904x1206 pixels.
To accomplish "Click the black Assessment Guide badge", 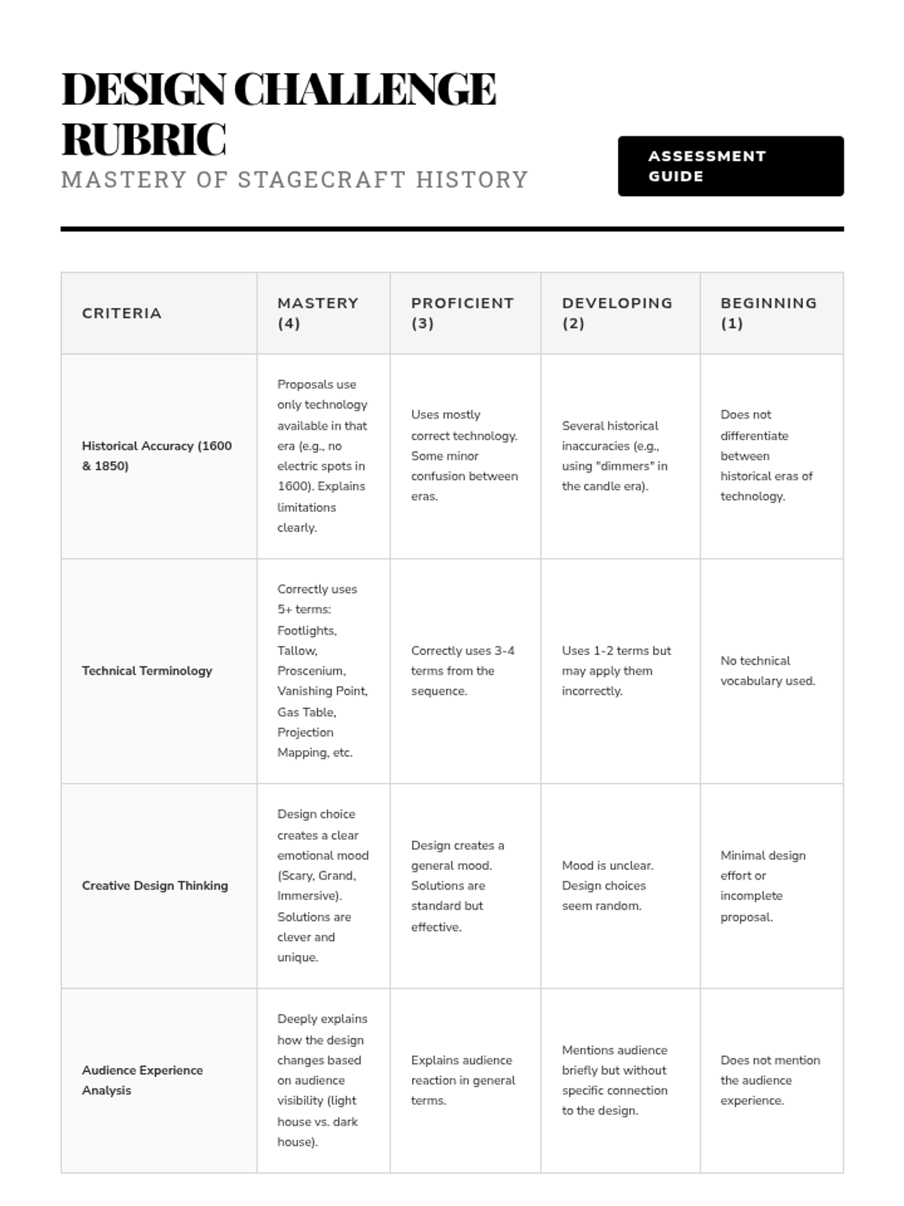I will pyautogui.click(x=730, y=166).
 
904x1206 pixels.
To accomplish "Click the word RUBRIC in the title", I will pyautogui.click(x=143, y=139).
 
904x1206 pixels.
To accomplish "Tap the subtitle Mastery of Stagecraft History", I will pyautogui.click(x=295, y=179).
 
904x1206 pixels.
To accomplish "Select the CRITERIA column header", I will pyautogui.click(x=122, y=313).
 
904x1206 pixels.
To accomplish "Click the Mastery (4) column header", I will pyautogui.click(x=318, y=313).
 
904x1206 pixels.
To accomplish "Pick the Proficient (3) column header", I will pyautogui.click(x=463, y=313).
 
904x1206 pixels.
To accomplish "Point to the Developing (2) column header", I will pyautogui.click(x=617, y=313).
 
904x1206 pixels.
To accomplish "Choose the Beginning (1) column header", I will pyautogui.click(x=768, y=313).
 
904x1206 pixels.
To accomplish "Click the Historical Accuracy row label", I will pyautogui.click(x=157, y=455).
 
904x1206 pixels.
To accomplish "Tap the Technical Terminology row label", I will pyautogui.click(x=147, y=670).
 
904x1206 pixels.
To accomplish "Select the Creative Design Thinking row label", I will pyautogui.click(x=154, y=885).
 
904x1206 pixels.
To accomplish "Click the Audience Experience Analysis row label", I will pyautogui.click(x=142, y=1079).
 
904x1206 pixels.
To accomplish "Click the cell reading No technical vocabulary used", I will pyautogui.click(x=768, y=670).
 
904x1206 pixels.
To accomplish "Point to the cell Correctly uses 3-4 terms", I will pyautogui.click(x=463, y=670).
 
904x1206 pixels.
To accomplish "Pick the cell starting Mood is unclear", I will pyautogui.click(x=607, y=885).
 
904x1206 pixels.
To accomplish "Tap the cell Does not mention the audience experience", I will pyautogui.click(x=770, y=1079).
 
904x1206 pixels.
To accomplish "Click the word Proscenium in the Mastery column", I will pyautogui.click(x=311, y=670).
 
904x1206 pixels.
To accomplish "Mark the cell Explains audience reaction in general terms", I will pyautogui.click(x=463, y=1079).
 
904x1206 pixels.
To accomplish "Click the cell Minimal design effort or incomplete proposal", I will pyautogui.click(x=762, y=885).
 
